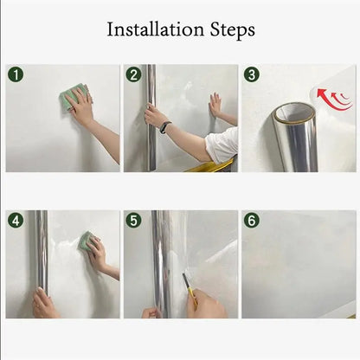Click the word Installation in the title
point(156,29)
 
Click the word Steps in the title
point(232,30)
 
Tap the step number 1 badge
point(16,74)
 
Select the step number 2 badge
point(133,74)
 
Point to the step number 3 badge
point(252,74)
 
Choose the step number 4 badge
point(16,221)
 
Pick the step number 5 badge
point(133,221)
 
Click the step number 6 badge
point(252,221)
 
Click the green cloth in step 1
point(74,96)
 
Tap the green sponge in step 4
point(87,241)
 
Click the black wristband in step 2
point(165,127)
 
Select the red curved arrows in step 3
point(335,100)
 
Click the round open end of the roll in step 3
point(295,112)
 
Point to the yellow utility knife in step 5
point(190,289)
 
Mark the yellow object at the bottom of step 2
point(210,167)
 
